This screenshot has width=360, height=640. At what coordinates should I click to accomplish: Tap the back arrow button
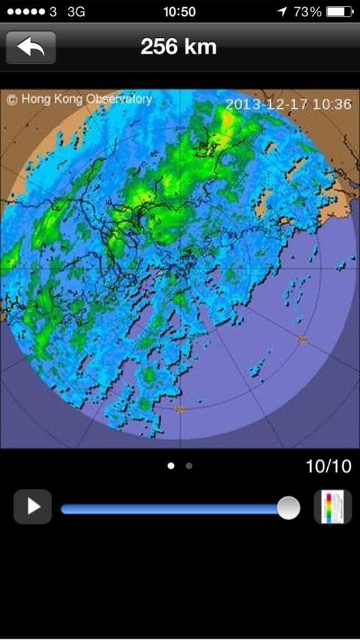tap(31, 47)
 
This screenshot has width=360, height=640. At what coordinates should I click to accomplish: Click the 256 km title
tap(179, 47)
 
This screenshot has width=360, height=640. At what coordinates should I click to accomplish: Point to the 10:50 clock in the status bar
tap(179, 12)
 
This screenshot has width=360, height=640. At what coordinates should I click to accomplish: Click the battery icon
tap(339, 12)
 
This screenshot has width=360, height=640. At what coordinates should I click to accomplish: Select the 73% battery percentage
tap(307, 12)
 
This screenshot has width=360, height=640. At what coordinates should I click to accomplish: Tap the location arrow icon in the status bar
tap(282, 12)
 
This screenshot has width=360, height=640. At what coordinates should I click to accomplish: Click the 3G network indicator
tap(76, 12)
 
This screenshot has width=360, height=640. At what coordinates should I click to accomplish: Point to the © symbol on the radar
tap(12, 99)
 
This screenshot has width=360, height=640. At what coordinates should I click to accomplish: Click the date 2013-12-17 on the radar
tap(267, 104)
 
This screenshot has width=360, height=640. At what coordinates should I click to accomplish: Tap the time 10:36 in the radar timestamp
tap(332, 104)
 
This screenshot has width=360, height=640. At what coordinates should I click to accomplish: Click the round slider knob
tap(288, 507)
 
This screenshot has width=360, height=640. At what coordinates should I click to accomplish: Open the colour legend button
tap(332, 507)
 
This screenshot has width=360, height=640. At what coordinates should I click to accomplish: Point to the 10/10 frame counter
tap(328, 466)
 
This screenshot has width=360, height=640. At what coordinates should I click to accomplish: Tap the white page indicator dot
tap(171, 466)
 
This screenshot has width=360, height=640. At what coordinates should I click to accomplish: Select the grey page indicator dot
tap(189, 466)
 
